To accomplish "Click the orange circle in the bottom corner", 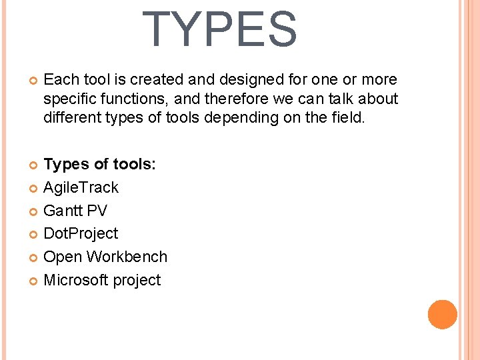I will click(443, 315).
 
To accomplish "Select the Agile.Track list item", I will click(81, 188).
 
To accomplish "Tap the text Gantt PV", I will click(75, 211).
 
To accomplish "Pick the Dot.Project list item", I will click(81, 234).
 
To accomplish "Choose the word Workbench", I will click(127, 257).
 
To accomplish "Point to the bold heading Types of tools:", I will click(99, 165).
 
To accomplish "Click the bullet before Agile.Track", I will click(34, 189).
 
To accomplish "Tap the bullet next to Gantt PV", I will click(34, 211).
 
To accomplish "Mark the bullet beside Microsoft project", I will click(34, 281).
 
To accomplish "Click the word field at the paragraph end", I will click(348, 119).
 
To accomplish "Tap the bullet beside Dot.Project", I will click(34, 235).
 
